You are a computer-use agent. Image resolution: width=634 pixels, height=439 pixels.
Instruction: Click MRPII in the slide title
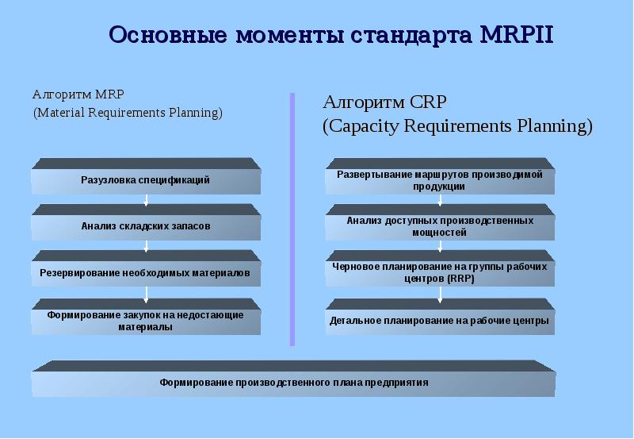[517, 34]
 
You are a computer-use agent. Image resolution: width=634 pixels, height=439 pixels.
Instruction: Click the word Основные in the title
[167, 35]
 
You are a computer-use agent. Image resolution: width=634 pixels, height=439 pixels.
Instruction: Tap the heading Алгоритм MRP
[78, 94]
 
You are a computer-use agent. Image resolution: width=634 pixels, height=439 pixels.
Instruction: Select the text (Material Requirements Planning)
[128, 113]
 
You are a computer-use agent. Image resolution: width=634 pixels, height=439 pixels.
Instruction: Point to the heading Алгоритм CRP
[384, 102]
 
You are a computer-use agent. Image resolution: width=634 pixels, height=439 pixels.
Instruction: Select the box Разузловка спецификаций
[146, 176]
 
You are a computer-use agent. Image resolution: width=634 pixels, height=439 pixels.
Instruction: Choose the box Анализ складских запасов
[146, 222]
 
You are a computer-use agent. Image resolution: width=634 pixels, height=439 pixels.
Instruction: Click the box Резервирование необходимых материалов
[146, 268]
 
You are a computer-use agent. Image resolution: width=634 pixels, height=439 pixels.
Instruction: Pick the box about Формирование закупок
[146, 317]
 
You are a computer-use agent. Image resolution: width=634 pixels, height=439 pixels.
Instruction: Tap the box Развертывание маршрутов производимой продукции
[440, 176]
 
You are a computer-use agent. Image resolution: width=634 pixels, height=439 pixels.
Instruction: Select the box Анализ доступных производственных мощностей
[440, 222]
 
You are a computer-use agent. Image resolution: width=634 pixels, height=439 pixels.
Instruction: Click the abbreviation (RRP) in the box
[460, 279]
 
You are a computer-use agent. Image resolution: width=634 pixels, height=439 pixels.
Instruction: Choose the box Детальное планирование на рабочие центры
[440, 317]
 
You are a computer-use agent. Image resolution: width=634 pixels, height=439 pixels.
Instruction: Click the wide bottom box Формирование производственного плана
[293, 378]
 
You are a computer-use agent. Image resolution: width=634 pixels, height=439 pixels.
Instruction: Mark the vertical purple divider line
[292, 219]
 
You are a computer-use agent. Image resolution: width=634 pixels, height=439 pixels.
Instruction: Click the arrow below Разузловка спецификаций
[146, 200]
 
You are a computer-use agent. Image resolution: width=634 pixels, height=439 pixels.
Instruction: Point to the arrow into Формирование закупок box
[146, 295]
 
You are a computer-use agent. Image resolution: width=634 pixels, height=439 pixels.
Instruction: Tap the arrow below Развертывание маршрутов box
[440, 200]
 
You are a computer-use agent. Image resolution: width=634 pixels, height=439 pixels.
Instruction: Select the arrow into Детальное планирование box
[440, 295]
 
